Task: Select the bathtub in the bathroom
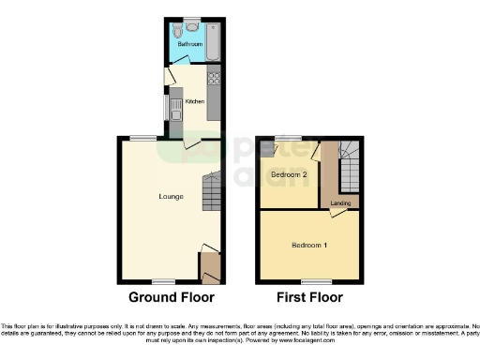213,39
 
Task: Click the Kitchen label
195,100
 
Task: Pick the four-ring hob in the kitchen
213,79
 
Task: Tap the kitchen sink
174,108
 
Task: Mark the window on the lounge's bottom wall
164,281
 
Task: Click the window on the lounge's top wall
142,139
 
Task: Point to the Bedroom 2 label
284,174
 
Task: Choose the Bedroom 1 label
309,245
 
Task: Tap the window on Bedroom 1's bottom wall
314,281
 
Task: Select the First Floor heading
308,297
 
